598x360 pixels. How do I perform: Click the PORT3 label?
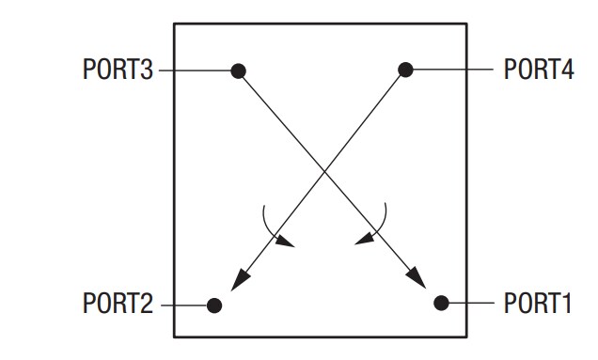(118, 70)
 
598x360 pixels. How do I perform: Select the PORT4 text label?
(539, 70)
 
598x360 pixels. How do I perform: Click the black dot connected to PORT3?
(239, 70)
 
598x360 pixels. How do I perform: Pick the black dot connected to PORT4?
(405, 69)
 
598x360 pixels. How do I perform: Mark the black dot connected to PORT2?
(214, 305)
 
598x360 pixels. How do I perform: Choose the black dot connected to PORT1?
(441, 302)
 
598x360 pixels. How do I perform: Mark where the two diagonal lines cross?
(323, 170)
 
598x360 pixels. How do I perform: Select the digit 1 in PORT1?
(565, 304)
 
